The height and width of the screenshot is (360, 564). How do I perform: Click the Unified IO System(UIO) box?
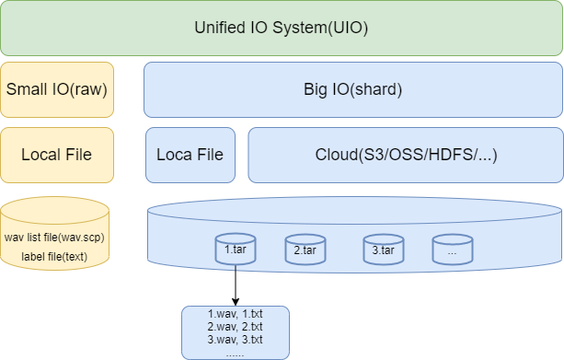click(282, 28)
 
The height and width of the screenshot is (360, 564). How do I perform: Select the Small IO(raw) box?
click(57, 89)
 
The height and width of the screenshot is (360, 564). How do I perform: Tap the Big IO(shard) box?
click(353, 89)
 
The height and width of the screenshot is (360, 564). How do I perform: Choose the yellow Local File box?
click(57, 154)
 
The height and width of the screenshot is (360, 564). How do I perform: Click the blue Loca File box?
click(190, 154)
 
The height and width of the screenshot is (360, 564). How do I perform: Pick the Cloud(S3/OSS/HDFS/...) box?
click(405, 154)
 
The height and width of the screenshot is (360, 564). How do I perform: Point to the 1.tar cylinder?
click(235, 250)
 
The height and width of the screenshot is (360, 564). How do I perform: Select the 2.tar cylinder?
click(305, 250)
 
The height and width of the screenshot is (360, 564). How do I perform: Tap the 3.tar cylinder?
click(383, 250)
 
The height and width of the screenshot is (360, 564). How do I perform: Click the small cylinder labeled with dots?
click(452, 250)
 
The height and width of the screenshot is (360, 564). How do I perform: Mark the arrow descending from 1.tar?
click(236, 285)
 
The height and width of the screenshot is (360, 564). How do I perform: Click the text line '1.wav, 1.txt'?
click(236, 315)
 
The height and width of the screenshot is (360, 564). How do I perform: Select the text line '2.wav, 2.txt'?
click(236, 327)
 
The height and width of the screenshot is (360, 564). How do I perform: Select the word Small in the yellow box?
click(26, 89)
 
